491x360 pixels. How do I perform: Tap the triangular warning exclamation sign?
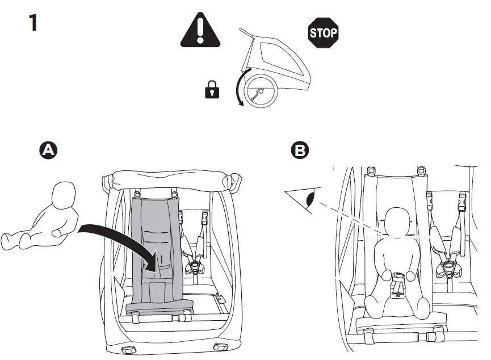pos(200,32)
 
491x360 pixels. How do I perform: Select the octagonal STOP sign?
pos(322,32)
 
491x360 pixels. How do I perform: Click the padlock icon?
pos(212,89)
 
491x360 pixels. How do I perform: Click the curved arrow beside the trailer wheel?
pos(240,88)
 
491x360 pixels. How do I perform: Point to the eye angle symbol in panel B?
pos(304,199)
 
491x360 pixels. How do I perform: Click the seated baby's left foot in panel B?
pos(423,309)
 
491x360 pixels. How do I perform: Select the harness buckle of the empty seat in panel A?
pos(196,266)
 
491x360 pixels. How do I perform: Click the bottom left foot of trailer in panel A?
pos(128,348)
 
